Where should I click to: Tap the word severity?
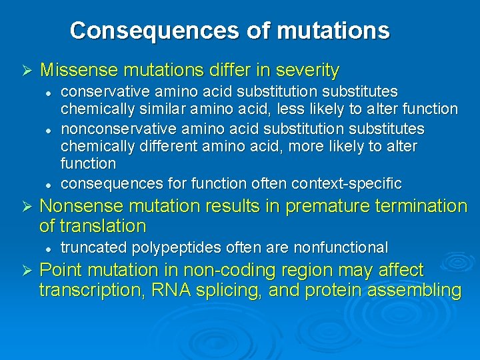307,70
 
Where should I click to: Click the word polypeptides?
167,248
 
